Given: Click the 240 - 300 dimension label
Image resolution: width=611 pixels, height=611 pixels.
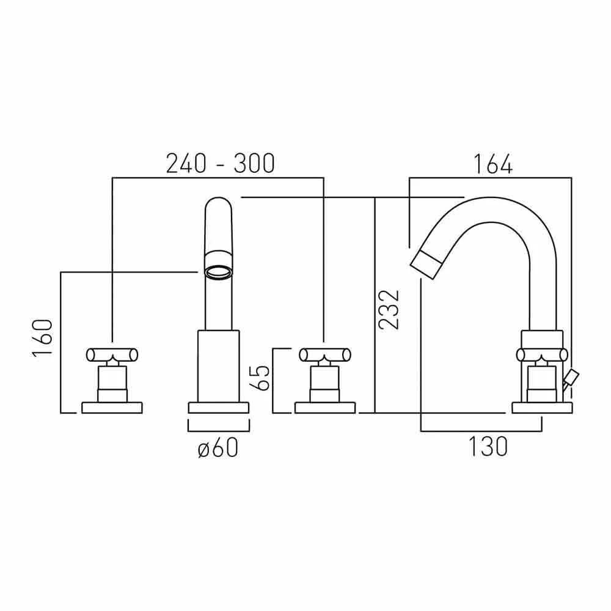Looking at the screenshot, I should coord(221,163).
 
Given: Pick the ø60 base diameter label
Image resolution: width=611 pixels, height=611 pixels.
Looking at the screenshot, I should coord(218,448).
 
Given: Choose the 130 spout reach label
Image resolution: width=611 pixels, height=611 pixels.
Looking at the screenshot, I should coord(488,447).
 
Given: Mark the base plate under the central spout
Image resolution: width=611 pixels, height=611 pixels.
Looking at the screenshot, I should coord(218,408).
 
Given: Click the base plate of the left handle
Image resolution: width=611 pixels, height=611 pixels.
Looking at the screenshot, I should coord(112,408).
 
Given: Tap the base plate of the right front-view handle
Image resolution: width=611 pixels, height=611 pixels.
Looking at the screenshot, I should coord(326,408).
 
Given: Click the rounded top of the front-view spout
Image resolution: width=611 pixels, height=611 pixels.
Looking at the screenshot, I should coord(218,205).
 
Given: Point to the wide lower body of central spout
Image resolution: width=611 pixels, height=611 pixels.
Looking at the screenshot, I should coord(218,365).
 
